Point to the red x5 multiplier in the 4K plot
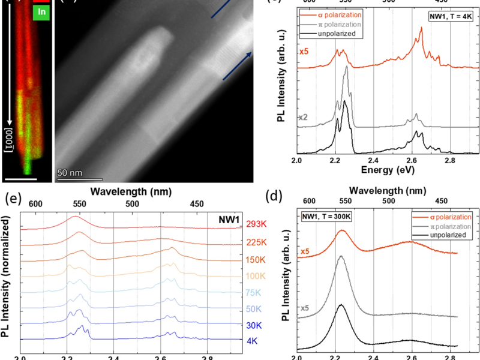(305, 52)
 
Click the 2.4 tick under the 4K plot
(373, 161)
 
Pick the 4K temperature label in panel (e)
(252, 340)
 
